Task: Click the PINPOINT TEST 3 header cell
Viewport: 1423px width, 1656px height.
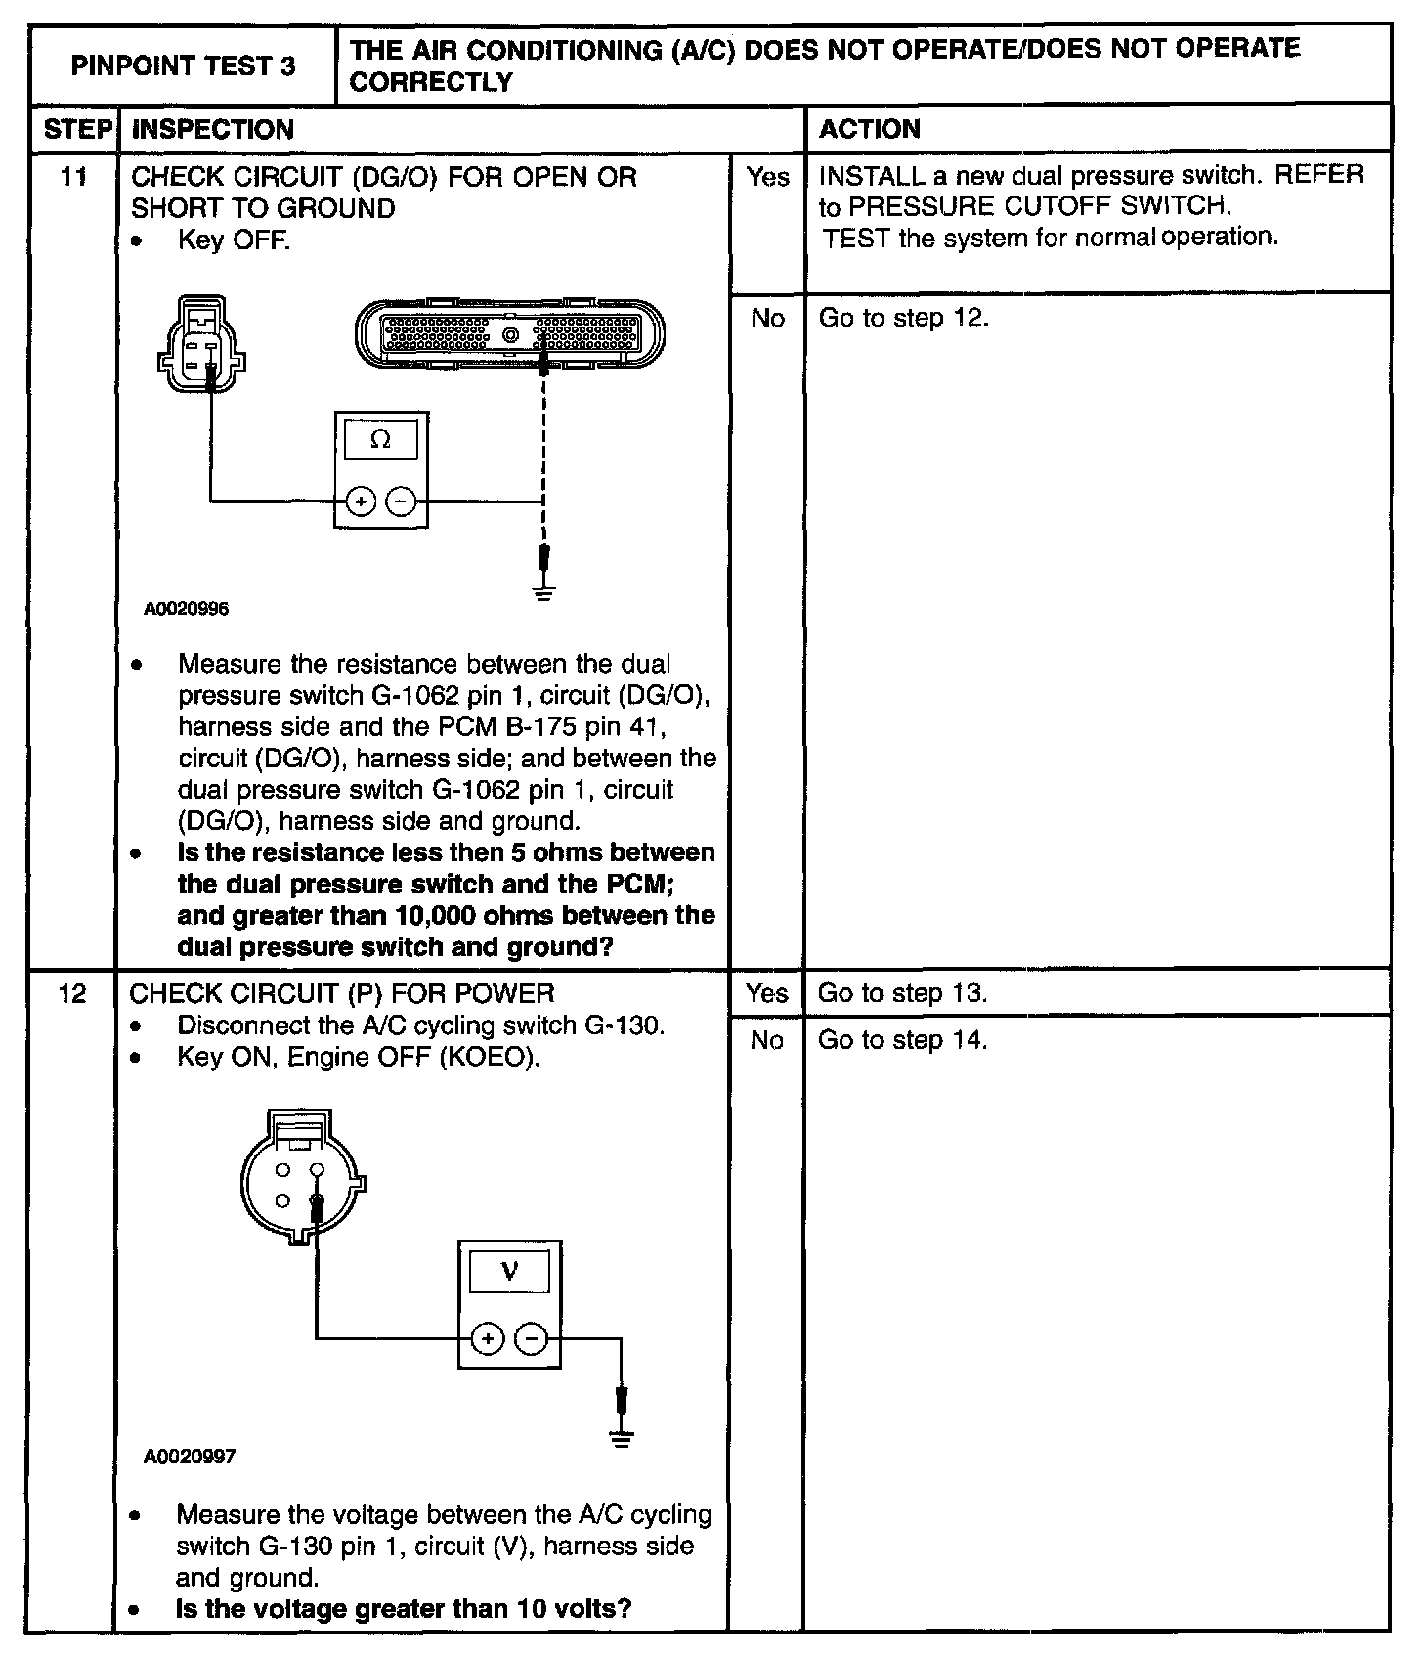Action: click(x=183, y=65)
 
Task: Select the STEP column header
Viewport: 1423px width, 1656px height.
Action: click(x=75, y=129)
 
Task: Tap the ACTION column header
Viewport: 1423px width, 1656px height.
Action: click(x=869, y=129)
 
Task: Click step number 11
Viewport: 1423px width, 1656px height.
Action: click(x=73, y=177)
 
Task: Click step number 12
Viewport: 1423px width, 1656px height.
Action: click(x=73, y=994)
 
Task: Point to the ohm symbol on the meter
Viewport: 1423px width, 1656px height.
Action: click(x=381, y=440)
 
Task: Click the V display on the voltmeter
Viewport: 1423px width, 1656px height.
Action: click(x=509, y=1272)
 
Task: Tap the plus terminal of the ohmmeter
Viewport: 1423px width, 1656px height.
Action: click(x=361, y=501)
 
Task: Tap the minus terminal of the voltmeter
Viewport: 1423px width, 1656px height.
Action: click(x=531, y=1338)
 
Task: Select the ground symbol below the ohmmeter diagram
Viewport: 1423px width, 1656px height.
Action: click(x=544, y=590)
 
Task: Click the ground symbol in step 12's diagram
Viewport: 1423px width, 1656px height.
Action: click(x=621, y=1437)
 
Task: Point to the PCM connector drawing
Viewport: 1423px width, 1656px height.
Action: click(x=509, y=334)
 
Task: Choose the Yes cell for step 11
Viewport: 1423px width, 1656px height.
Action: click(x=767, y=177)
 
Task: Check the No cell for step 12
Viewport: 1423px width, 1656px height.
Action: click(x=767, y=1041)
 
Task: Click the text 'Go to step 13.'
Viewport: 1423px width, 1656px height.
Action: click(x=902, y=994)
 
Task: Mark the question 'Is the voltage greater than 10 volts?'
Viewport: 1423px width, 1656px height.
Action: click(x=403, y=1608)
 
